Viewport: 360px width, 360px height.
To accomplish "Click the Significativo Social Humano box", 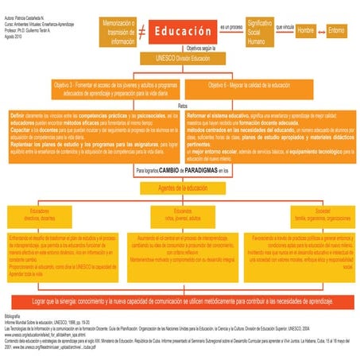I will pos(257,33).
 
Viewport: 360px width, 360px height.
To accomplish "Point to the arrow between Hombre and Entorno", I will pos(322,33).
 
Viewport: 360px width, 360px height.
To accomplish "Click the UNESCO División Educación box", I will pos(181,58).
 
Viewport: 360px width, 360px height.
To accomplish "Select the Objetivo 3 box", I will pos(99,86).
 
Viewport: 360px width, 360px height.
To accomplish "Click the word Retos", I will pos(182,104).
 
